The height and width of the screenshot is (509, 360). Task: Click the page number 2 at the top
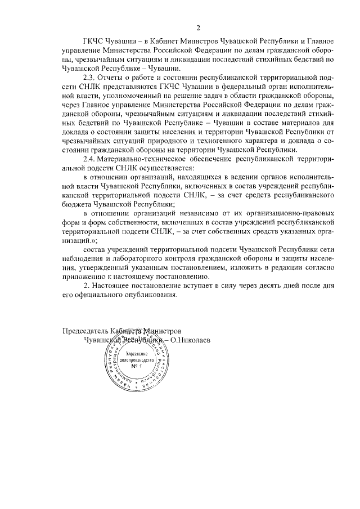[x=198, y=28]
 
